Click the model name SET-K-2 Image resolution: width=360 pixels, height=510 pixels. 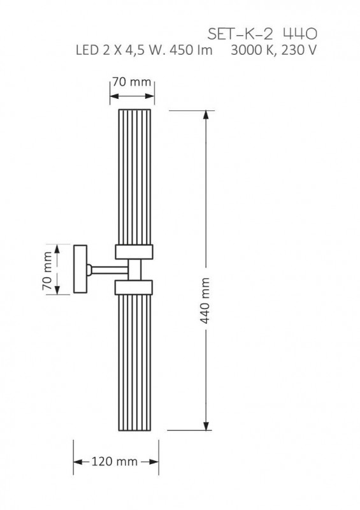tap(240, 34)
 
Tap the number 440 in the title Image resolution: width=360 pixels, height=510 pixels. tap(300, 34)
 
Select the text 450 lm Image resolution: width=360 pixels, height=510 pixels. tap(191, 50)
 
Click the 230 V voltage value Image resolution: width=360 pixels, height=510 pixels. tap(299, 50)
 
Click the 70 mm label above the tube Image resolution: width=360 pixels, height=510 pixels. tap(132, 82)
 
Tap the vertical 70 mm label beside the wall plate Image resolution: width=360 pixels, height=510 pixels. tap(48, 270)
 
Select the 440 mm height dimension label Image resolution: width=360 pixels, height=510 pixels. tap(205, 300)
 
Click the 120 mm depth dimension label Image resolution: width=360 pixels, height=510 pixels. tap(115, 461)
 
